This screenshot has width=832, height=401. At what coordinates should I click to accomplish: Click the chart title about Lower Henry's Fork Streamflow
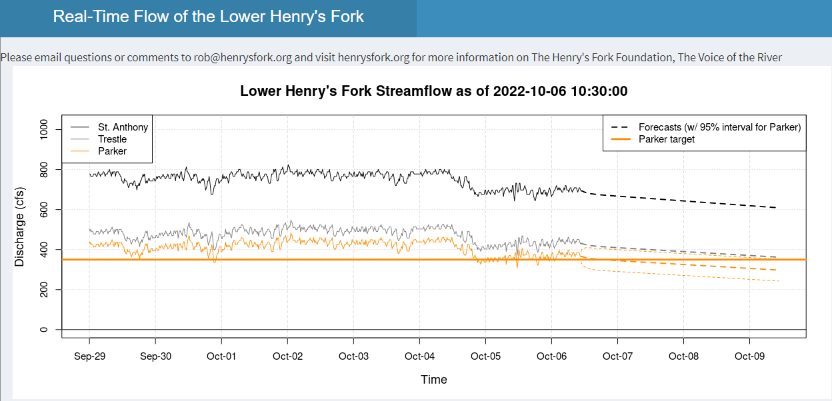click(433, 91)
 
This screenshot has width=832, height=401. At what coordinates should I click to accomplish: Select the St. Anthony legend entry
click(123, 127)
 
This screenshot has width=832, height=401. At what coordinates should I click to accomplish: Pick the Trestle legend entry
click(112, 139)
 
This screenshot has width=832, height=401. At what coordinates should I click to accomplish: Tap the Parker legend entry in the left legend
click(112, 151)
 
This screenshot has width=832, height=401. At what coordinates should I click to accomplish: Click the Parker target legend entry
click(667, 139)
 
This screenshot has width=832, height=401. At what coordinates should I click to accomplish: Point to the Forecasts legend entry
click(719, 127)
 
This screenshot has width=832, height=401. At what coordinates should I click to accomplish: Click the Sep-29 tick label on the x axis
click(90, 356)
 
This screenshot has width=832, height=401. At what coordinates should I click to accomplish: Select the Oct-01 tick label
click(221, 356)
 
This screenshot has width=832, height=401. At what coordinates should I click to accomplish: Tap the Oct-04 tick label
click(419, 356)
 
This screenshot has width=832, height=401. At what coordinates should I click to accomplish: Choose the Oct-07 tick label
click(617, 356)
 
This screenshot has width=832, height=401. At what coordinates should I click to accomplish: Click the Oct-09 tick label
click(749, 356)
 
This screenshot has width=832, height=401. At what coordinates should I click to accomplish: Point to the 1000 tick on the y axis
click(45, 130)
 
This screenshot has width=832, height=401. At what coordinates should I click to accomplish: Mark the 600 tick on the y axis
click(45, 210)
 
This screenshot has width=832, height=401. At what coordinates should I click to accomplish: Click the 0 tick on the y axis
click(45, 330)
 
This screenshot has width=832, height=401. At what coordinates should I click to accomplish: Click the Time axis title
click(433, 380)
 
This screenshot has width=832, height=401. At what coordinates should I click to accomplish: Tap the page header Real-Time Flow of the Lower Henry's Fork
click(209, 17)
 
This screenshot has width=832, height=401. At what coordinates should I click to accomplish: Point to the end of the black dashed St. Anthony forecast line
click(776, 208)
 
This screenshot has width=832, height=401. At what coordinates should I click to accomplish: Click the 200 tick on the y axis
click(45, 290)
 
